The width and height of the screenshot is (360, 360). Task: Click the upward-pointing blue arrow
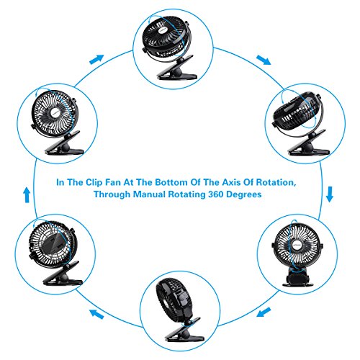(27, 195)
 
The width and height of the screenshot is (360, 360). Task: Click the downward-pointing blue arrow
(330, 194)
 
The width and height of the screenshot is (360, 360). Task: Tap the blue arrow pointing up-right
(96, 60)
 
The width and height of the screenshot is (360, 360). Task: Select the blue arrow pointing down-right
(264, 60)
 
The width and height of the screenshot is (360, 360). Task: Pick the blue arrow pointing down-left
(264, 312)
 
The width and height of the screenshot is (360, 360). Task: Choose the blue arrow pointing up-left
(96, 314)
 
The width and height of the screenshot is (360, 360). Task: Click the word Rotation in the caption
(276, 182)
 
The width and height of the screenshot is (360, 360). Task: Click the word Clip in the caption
(94, 183)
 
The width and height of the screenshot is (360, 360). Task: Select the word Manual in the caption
(149, 194)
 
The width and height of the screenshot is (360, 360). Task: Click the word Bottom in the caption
(171, 182)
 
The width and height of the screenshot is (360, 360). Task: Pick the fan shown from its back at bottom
(179, 309)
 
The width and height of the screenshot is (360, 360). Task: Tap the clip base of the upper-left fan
(63, 143)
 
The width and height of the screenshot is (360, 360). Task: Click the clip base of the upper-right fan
(310, 144)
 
